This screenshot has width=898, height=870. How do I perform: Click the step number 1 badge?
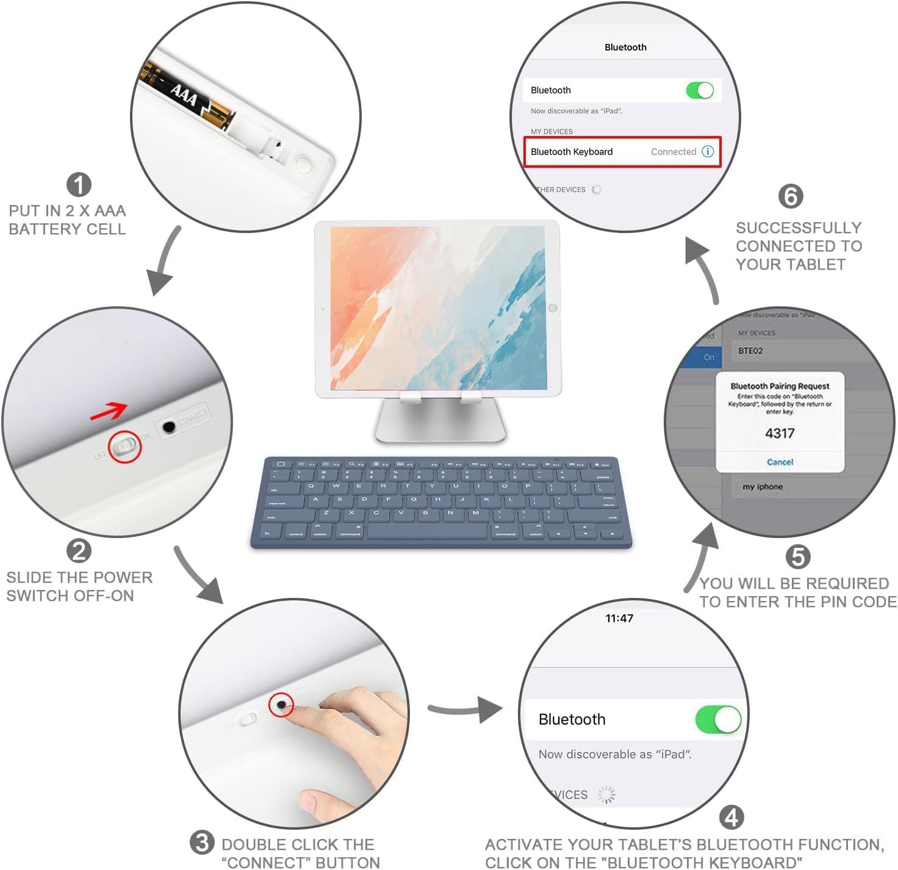point(79,185)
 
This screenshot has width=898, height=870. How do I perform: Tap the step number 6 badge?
point(791,196)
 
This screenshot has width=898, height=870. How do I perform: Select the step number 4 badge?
point(731,818)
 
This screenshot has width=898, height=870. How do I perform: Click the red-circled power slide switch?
point(125,446)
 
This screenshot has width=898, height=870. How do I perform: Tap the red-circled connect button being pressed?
point(281,705)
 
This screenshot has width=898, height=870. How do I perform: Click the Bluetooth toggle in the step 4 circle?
point(718,719)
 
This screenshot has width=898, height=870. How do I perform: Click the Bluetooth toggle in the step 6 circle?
point(700,90)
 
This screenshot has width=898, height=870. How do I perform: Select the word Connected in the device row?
point(673,152)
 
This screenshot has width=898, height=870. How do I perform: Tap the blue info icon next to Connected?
point(708,152)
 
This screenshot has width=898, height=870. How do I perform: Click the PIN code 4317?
point(780,433)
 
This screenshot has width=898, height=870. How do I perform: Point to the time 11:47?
point(619,618)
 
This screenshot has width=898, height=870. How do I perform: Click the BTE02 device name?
point(750,351)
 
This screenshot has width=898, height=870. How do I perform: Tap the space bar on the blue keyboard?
point(426,532)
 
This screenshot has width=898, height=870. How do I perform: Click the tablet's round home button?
point(553,308)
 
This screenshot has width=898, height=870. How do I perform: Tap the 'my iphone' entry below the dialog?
point(763,487)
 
